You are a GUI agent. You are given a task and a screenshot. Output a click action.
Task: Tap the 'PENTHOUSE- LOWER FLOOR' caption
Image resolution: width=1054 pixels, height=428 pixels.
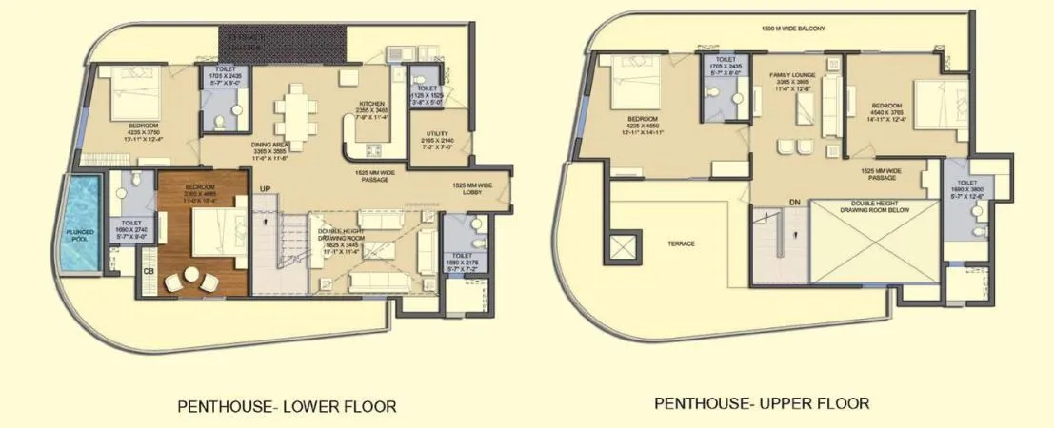(x=287, y=406)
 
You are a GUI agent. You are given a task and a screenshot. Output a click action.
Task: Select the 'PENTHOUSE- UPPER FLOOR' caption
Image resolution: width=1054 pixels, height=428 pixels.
(x=762, y=403)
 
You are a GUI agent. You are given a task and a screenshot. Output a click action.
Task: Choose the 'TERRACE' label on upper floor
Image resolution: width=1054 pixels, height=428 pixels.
(x=681, y=243)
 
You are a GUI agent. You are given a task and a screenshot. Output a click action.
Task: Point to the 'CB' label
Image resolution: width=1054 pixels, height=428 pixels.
(x=149, y=272)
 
